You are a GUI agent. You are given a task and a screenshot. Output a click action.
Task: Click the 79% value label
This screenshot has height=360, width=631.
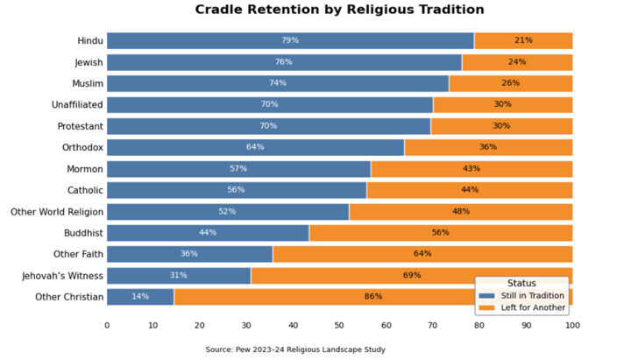click(290, 40)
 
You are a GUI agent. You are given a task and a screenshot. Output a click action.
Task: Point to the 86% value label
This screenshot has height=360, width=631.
click(373, 297)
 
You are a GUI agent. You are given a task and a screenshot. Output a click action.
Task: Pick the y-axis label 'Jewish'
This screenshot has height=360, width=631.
click(89, 62)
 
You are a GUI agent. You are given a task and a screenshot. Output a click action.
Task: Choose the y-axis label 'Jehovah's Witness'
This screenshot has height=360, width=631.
click(63, 276)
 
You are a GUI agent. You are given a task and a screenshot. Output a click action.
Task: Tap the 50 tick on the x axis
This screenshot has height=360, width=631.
click(339, 325)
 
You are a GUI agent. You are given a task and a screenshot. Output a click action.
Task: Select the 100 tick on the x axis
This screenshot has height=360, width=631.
click(572, 325)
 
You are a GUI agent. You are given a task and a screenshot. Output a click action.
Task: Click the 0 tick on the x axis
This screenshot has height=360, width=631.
click(107, 325)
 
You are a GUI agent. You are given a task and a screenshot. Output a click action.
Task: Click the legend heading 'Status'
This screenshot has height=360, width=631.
click(521, 284)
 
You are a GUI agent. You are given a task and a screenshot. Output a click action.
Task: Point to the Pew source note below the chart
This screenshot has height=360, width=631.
click(295, 349)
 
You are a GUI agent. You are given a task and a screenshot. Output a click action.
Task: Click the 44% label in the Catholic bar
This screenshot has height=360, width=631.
click(470, 190)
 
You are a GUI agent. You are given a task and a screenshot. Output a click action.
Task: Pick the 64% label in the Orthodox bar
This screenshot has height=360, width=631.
click(255, 147)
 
